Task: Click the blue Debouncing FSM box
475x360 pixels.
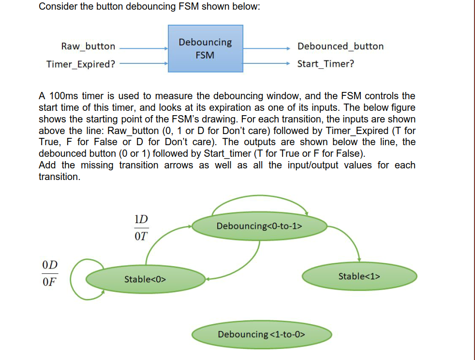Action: pos(205,48)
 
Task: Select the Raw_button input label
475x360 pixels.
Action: pos(88,46)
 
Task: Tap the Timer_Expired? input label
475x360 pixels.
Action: pos(81,64)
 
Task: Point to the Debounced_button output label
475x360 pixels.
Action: pos(341,46)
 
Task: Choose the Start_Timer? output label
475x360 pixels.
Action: pos(325,64)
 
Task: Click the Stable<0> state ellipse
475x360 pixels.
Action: pos(146,279)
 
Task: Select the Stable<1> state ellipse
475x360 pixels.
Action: pos(359,276)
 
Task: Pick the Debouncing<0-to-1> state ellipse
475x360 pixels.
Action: pos(260,226)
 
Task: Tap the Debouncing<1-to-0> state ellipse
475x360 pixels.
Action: pos(262,334)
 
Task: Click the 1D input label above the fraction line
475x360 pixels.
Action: pos(141,219)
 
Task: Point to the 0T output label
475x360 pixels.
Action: pos(141,237)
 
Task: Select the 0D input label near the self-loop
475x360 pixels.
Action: pos(49,265)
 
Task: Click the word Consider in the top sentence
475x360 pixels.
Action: pos(58,7)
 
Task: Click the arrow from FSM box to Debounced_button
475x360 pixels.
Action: pos(267,48)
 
